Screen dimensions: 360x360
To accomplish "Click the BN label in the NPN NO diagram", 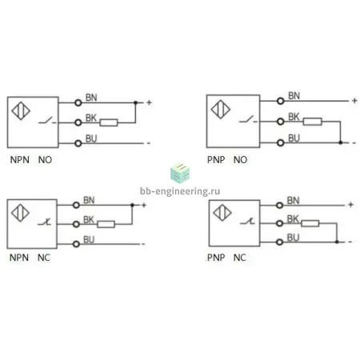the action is (x=91, y=98).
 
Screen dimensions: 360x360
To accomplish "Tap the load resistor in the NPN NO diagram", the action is (x=109, y=122).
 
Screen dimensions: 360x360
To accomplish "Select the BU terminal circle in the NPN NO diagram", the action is (x=78, y=143).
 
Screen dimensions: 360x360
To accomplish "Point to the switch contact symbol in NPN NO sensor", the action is (x=47, y=121).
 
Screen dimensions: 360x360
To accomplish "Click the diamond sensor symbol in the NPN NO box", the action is (x=21, y=111).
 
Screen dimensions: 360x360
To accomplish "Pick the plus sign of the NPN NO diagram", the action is (x=149, y=102).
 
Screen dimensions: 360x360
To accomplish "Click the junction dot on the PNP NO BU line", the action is (x=340, y=142).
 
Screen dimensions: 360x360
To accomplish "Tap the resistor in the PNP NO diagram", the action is (x=313, y=122).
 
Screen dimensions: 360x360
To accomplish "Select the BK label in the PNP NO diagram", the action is (x=294, y=117).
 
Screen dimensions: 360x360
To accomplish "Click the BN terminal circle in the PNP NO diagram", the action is (x=280, y=101).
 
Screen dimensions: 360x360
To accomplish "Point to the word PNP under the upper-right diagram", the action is (x=216, y=160).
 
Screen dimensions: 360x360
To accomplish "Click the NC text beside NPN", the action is (x=44, y=258).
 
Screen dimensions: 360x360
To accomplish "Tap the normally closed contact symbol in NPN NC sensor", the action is (x=45, y=222).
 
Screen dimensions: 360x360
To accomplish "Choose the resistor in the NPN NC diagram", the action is (x=106, y=224).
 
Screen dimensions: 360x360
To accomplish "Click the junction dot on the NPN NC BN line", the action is (x=132, y=205).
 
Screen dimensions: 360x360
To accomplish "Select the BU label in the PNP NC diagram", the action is (x=293, y=238).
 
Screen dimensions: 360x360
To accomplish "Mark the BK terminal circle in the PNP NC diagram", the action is (x=279, y=223).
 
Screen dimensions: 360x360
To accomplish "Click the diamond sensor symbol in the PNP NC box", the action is (x=222, y=213).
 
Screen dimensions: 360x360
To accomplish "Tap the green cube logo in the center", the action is (x=180, y=173).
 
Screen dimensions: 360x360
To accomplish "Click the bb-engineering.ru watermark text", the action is (x=180, y=191).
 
